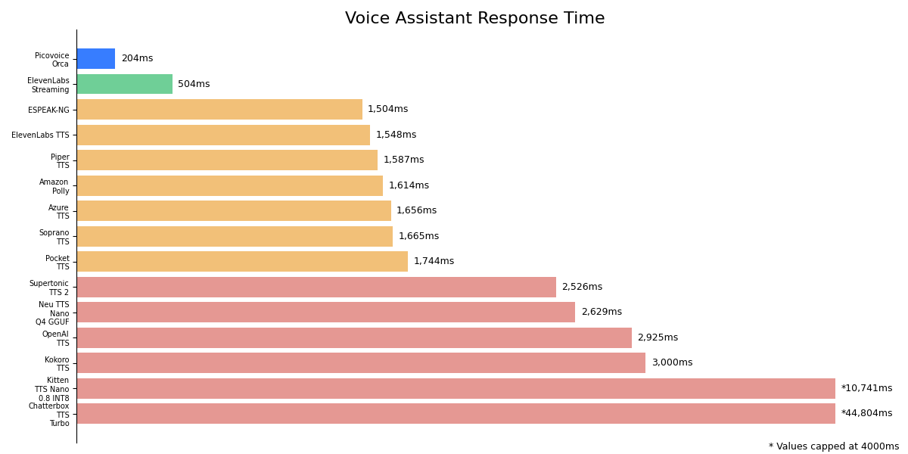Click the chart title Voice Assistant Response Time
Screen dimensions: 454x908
click(474, 19)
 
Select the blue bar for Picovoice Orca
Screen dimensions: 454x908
click(96, 59)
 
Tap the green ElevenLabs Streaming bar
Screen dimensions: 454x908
click(124, 84)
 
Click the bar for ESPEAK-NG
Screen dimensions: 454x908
click(219, 110)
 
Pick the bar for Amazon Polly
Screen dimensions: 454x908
click(229, 185)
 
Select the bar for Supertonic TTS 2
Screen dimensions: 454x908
click(316, 287)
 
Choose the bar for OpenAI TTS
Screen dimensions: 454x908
click(354, 337)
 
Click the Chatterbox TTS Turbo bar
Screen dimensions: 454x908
click(456, 414)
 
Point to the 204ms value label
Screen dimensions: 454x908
click(137, 59)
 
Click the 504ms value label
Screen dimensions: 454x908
click(194, 84)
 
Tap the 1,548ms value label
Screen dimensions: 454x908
click(396, 135)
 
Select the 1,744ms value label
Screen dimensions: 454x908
click(434, 261)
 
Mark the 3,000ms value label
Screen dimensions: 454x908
click(672, 362)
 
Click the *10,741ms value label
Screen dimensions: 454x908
click(866, 388)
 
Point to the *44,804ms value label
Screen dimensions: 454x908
click(866, 414)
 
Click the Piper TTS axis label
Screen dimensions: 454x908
click(60, 161)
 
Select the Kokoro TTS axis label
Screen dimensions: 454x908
click(57, 364)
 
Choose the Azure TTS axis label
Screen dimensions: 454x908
click(58, 212)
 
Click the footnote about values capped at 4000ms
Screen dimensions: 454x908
click(834, 446)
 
